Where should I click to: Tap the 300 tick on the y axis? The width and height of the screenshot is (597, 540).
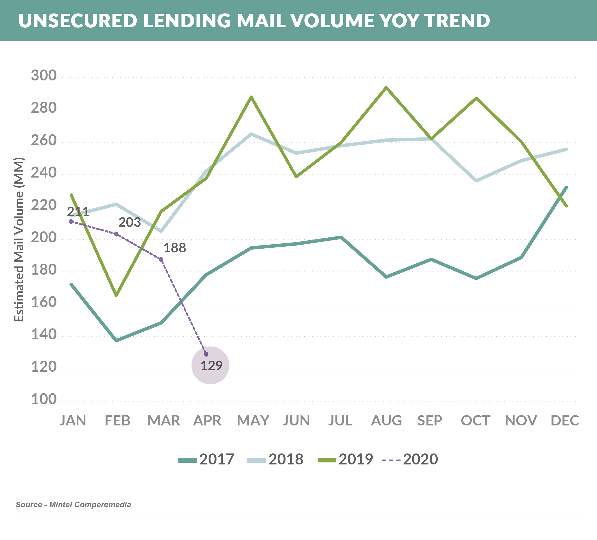43,76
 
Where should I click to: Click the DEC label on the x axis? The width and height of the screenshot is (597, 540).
565,420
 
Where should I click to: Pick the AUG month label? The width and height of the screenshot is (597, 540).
386,420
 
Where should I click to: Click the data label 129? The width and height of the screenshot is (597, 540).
212,366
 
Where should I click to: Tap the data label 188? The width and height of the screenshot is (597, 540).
175,248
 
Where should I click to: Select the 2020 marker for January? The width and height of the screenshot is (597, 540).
71,221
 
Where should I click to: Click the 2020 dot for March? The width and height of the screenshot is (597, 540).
161,260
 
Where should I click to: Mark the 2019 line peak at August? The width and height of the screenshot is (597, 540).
386,88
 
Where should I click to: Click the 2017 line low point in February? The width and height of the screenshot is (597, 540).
116,340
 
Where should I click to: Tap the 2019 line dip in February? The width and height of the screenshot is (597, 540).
116,295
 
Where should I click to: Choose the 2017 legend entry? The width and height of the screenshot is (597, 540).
206,459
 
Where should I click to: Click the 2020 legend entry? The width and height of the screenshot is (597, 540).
410,459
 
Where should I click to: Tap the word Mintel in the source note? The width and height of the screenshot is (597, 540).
61,504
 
